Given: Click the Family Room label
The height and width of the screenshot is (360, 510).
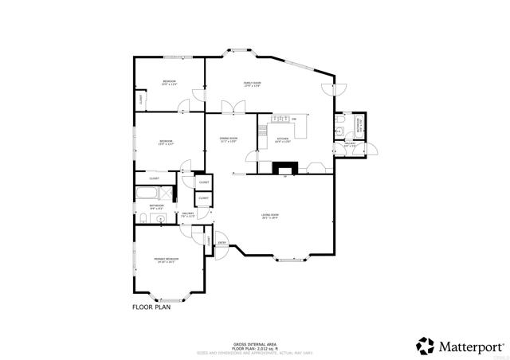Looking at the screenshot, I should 253,84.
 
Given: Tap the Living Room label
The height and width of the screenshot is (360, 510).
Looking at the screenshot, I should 271,216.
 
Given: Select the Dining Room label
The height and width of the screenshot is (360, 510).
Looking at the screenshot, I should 229,140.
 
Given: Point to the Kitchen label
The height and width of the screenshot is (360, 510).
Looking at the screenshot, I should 282,140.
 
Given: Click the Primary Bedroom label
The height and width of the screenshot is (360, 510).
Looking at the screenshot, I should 167,260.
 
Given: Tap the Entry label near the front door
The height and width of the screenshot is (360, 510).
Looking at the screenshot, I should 222,243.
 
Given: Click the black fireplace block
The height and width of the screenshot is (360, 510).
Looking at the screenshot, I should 284,168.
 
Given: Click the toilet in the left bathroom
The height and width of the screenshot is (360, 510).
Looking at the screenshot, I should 140,217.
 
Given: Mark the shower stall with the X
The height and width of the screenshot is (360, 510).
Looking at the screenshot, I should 167,192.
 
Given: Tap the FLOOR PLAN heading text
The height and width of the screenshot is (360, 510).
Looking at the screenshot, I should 151,306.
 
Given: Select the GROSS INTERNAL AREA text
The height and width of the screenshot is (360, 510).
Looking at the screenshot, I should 254,340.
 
